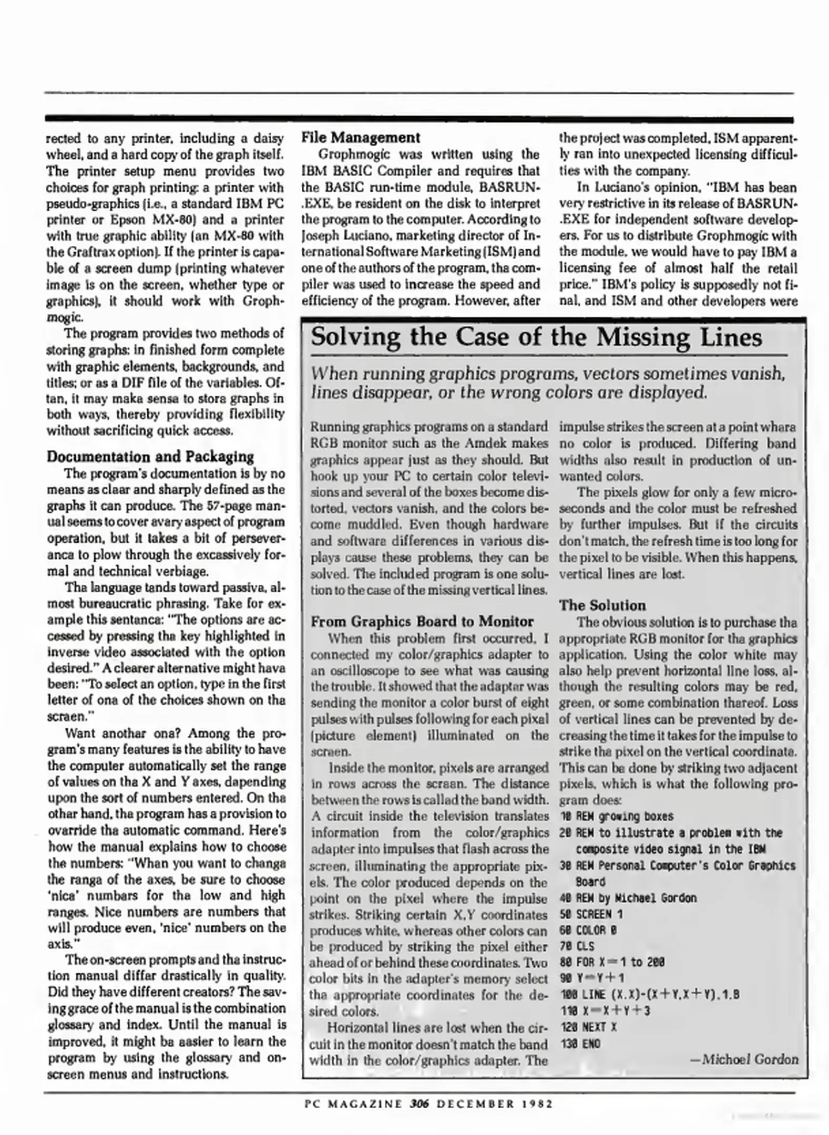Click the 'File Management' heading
point(360,138)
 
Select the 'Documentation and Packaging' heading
point(150,457)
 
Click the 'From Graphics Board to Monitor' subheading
point(422,622)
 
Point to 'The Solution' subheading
point(602,605)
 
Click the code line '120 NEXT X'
point(588,1027)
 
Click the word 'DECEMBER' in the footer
point(475,1103)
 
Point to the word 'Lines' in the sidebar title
point(731,338)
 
